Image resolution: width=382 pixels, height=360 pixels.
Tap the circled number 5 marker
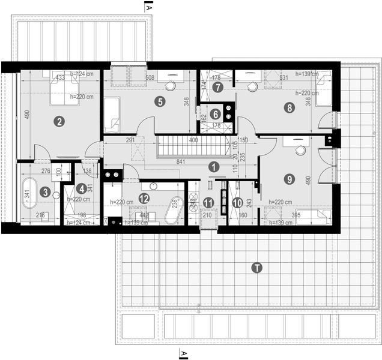159,101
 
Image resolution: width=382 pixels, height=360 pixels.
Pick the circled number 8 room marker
290,108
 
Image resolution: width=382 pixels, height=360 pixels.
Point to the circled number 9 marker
290,178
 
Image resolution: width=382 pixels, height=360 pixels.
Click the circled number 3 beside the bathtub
46,192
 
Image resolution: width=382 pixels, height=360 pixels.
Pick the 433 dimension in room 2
60,77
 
